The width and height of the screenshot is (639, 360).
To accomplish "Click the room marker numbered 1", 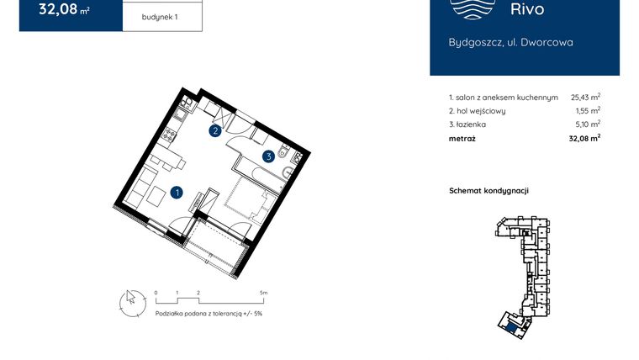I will tap(177, 192).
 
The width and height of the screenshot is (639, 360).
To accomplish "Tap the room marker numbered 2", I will tap(216, 130).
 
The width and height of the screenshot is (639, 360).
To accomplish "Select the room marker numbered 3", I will tap(268, 156).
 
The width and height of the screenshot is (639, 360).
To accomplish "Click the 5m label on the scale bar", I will tap(264, 293).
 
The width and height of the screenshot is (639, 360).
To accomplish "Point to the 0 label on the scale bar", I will tap(156, 293).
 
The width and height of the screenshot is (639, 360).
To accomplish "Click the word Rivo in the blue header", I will tap(527, 10).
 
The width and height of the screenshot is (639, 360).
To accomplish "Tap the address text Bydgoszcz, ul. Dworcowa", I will tap(510, 42).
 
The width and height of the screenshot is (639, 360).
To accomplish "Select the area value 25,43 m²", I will tap(585, 98).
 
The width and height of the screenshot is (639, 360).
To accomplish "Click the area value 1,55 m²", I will tap(588, 111).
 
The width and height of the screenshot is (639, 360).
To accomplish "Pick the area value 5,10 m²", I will tap(588, 124).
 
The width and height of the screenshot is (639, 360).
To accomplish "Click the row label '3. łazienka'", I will tap(467, 124).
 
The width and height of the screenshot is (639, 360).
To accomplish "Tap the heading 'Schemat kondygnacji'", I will tap(488, 191).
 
